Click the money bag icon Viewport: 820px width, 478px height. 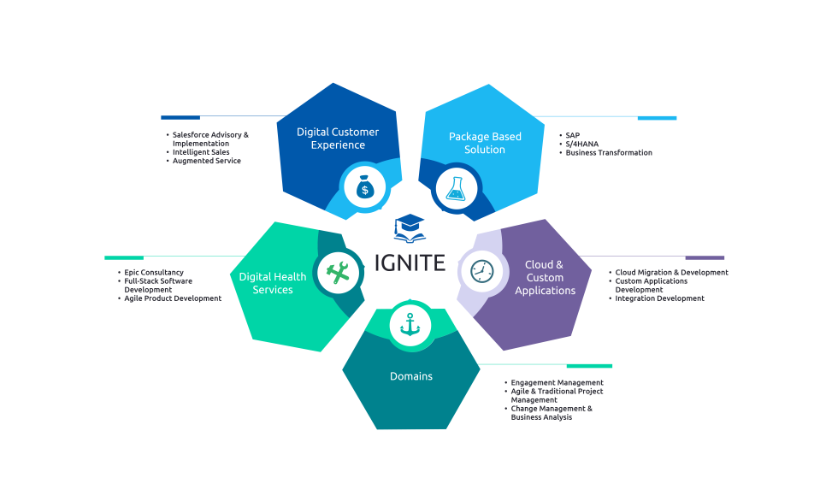tap(364, 186)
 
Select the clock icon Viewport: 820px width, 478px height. tap(482, 271)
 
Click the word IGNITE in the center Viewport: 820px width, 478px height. tap(410, 263)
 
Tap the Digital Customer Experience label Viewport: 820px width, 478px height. tap(338, 139)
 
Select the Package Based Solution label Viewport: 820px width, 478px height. tap(485, 143)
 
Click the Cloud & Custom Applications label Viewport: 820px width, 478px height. tap(545, 278)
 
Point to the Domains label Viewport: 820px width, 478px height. tap(411, 376)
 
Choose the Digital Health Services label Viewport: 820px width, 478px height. tap(273, 283)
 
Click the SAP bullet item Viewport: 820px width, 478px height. tap(572, 135)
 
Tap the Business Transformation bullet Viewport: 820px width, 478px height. tap(609, 153)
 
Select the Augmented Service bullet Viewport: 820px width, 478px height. tap(207, 161)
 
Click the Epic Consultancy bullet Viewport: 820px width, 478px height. tap(154, 273)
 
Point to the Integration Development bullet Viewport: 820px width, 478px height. tap(659, 298)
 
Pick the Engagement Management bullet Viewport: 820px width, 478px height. tap(557, 382)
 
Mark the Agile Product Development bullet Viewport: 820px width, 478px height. tap(173, 298)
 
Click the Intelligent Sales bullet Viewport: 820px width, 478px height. tap(201, 152)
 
